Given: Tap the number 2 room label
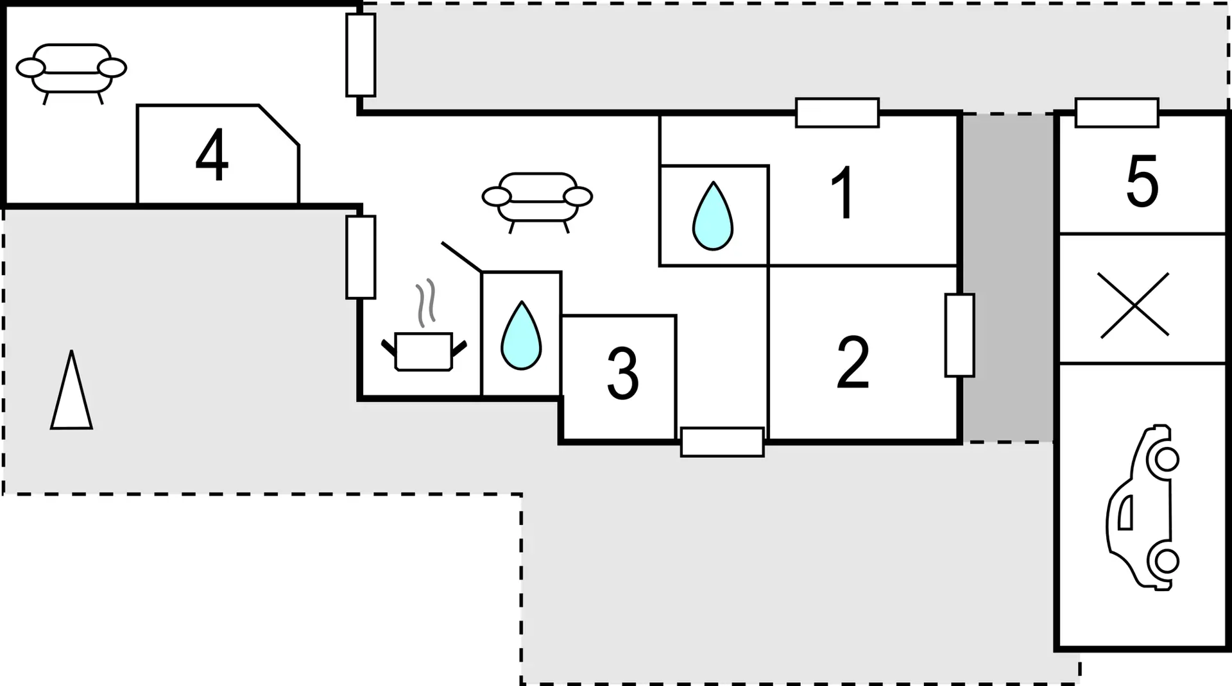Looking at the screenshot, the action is [853, 362].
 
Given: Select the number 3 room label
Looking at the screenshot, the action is [622, 374].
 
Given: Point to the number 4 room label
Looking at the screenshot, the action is [212, 155].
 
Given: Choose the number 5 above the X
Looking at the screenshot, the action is [1143, 181].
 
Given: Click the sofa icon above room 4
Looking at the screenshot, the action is [71, 74].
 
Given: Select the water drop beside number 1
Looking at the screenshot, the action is [713, 215].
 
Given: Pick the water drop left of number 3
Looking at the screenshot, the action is [521, 335].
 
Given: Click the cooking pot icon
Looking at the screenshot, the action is [424, 351].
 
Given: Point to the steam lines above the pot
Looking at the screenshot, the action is [426, 303].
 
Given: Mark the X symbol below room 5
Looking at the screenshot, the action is [1134, 305].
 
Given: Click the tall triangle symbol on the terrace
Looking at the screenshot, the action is [71, 390].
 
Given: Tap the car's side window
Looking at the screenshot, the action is [1125, 512].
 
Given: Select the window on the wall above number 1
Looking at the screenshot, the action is [837, 113].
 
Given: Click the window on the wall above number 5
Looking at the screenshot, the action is [1117, 113].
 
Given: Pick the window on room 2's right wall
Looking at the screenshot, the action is [960, 335].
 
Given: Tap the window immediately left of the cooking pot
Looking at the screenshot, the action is [361, 257].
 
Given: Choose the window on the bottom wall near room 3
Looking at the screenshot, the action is [723, 442].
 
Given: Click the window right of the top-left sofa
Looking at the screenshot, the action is [361, 55].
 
